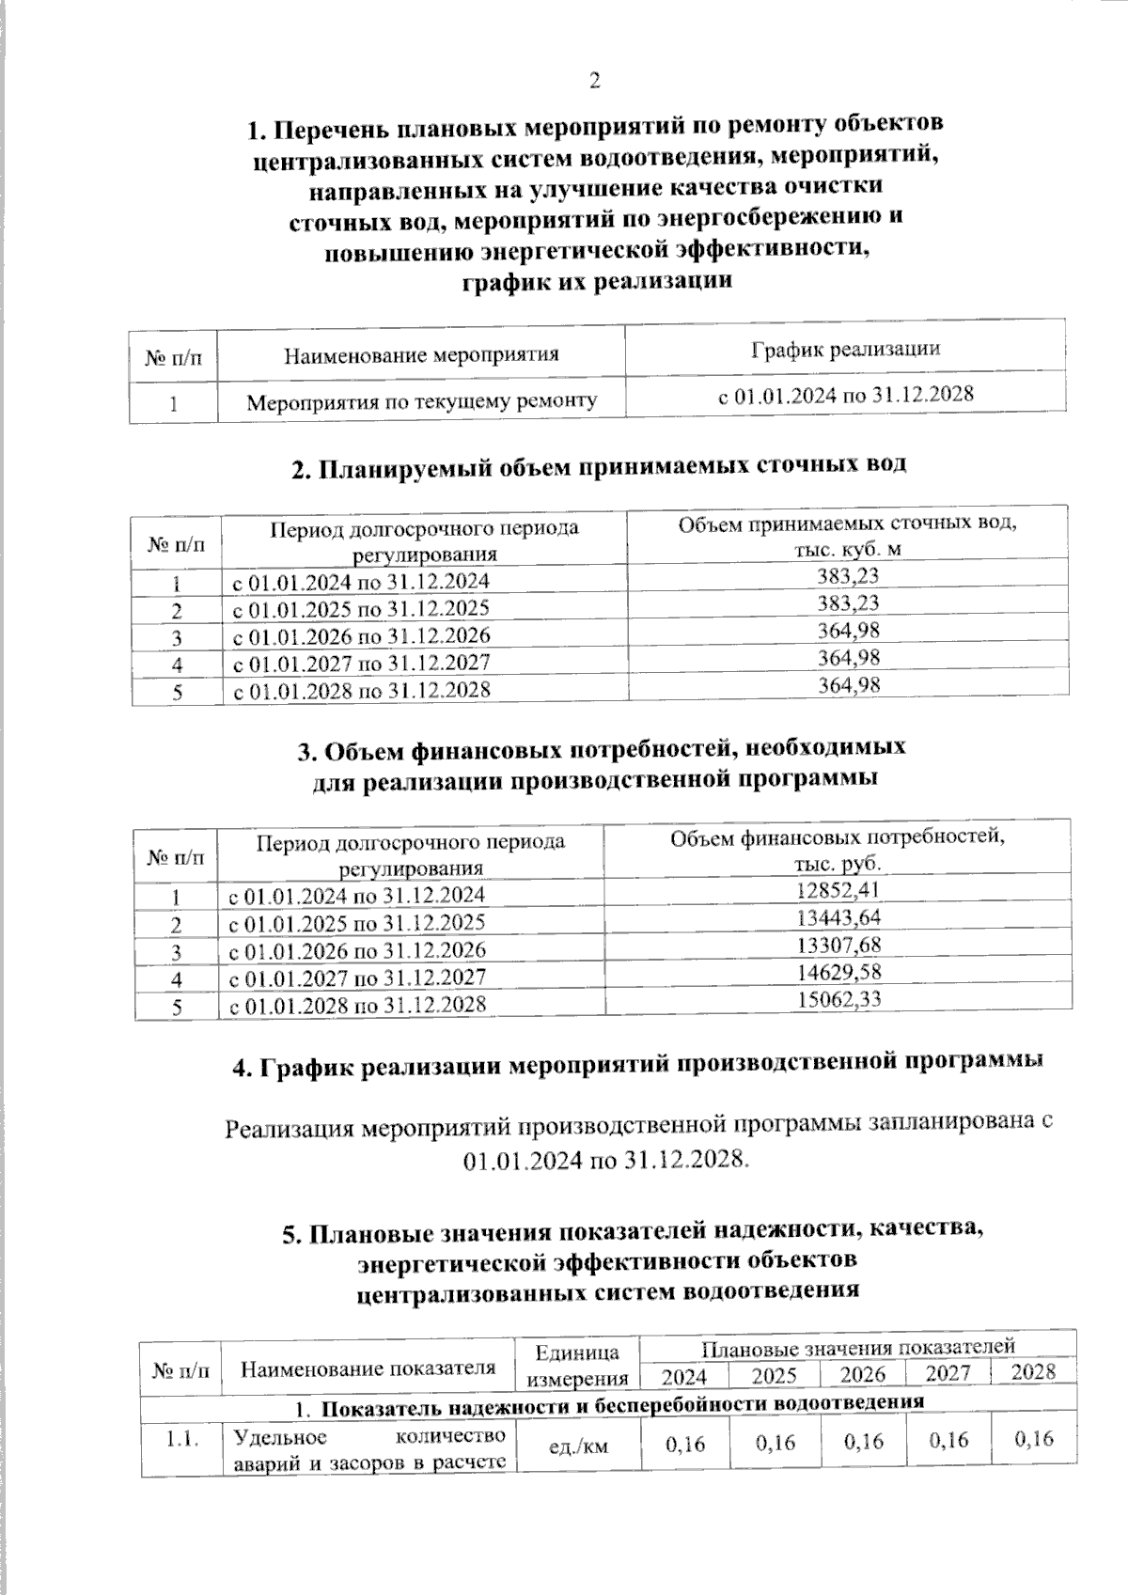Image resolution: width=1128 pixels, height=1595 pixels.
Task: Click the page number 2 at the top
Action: click(x=593, y=82)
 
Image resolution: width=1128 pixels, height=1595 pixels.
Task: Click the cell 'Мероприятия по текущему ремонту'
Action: click(x=422, y=402)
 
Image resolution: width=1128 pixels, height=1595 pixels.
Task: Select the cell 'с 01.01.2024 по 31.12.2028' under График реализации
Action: click(x=845, y=395)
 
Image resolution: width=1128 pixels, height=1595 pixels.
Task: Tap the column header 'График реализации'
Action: click(x=845, y=349)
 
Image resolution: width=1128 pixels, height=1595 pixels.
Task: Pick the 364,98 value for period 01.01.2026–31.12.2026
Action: click(x=849, y=630)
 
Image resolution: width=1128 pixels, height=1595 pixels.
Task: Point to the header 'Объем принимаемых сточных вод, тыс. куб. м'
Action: click(x=849, y=536)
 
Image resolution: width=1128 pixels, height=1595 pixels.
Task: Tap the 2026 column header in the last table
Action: click(x=862, y=1374)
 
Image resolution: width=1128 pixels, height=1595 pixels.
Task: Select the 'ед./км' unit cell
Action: click(x=578, y=1446)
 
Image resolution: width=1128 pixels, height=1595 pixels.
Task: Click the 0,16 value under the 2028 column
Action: click(x=1034, y=1439)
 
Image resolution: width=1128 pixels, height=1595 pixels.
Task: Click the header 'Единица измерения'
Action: click(x=577, y=1366)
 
